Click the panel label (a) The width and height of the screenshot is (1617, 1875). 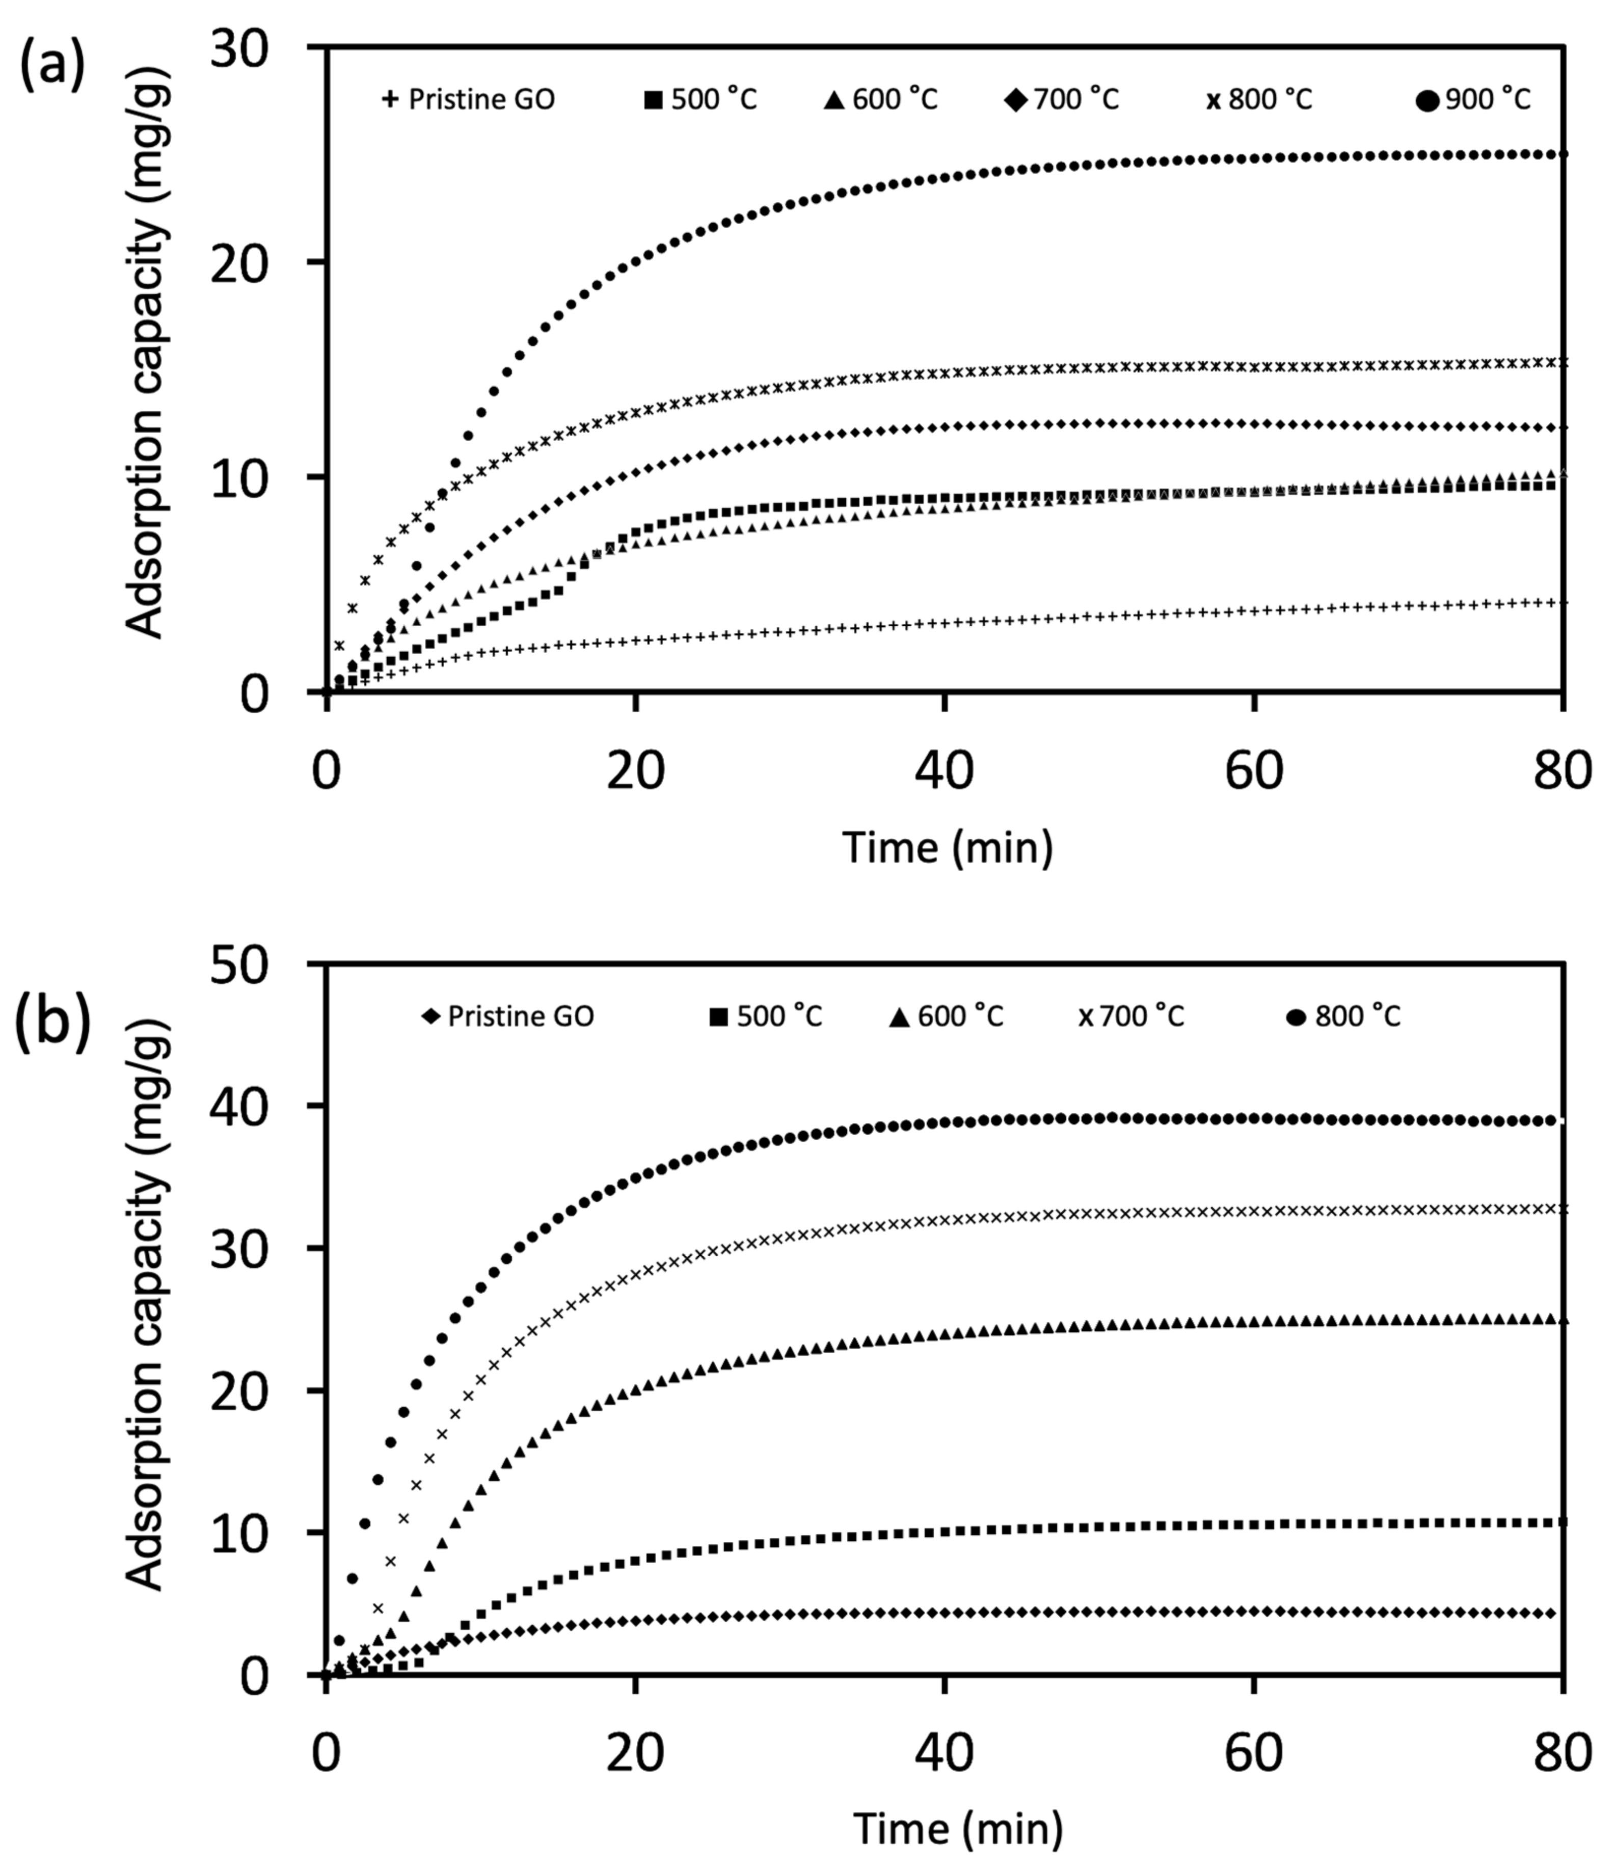[51, 68]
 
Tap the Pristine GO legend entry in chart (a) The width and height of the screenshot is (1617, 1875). [469, 99]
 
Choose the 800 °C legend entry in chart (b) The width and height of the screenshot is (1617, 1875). [1344, 1016]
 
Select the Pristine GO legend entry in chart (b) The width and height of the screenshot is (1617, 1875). [508, 1016]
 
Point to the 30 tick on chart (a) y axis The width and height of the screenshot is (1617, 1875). [240, 47]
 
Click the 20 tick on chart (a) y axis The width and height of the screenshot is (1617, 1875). [240, 262]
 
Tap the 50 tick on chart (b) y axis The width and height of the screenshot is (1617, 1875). [240, 965]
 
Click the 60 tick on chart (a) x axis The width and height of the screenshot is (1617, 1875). [1254, 771]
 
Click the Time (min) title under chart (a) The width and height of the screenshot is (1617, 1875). [948, 848]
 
